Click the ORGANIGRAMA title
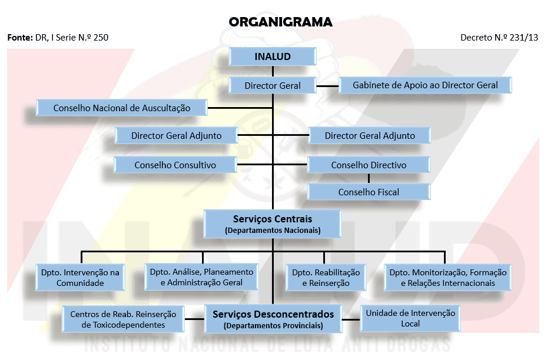tap(281, 22)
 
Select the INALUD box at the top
tap(273, 57)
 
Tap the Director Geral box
tap(273, 85)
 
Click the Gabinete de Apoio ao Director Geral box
tap(425, 85)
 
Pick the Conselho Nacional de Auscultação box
tap(122, 108)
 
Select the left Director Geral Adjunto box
tap(177, 136)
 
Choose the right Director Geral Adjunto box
tap(370, 136)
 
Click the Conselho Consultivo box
tap(175, 165)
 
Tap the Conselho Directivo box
tap(369, 165)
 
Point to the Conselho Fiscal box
tap(369, 192)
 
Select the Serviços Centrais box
tap(273, 224)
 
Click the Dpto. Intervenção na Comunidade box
tap(80, 278)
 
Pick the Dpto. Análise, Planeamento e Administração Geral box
tap(201, 277)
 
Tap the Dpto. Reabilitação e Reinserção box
tap(326, 278)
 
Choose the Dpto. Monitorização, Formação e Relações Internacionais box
tap(448, 278)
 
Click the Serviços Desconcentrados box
tap(273, 318)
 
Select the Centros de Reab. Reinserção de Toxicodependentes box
tap(123, 319)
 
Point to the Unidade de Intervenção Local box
tap(410, 318)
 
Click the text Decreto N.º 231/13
tap(499, 38)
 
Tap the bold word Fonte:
tap(20, 38)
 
